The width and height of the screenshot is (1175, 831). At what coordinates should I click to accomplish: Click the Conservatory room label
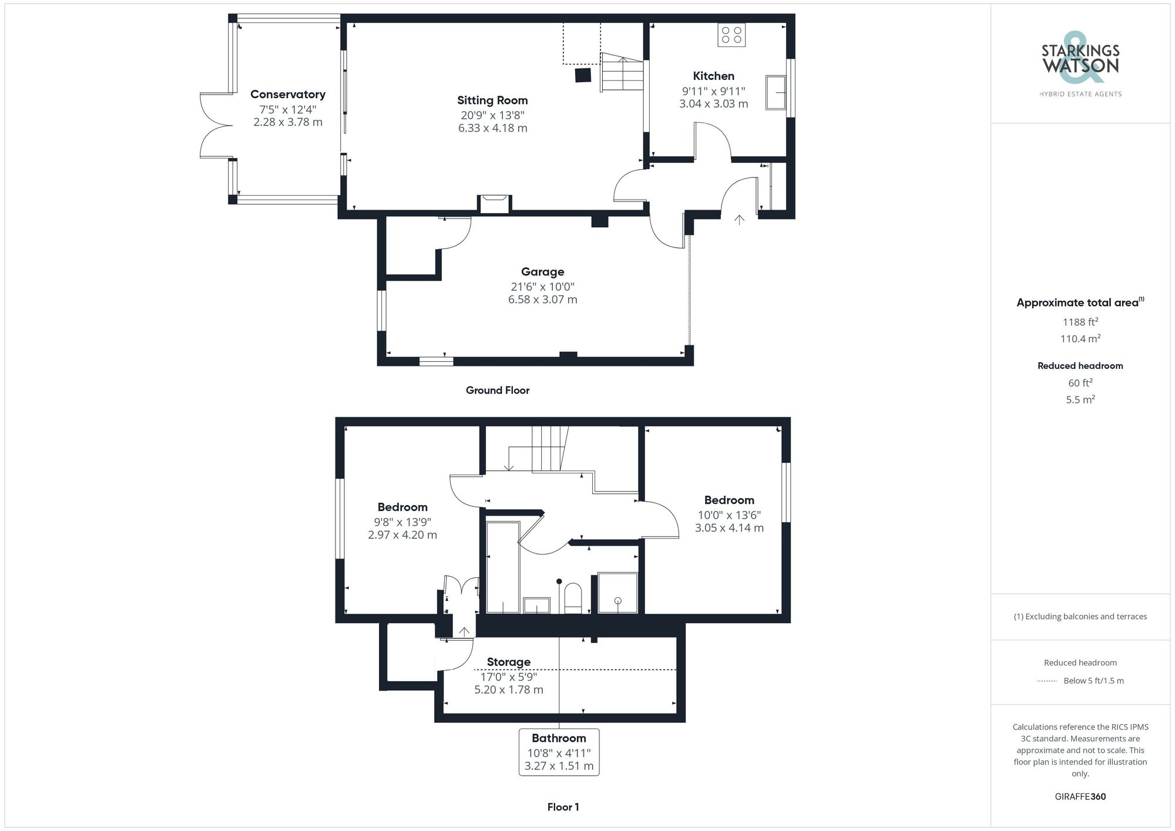tap(288, 95)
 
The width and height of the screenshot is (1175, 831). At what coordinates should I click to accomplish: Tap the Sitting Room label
tap(492, 100)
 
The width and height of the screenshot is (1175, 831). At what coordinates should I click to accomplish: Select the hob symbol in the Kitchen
tap(731, 35)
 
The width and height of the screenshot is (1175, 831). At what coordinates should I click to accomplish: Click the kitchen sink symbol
tap(775, 92)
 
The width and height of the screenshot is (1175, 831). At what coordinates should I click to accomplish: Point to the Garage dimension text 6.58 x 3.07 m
tap(542, 300)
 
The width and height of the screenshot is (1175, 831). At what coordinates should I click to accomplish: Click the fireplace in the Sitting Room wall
tap(494, 204)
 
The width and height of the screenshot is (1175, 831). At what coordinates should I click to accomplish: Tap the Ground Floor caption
tap(498, 391)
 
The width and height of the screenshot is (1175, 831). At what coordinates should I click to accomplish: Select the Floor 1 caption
tap(563, 807)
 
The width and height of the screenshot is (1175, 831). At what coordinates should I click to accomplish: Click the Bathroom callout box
tap(559, 752)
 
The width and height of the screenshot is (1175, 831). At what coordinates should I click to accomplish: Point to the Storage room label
tap(508, 662)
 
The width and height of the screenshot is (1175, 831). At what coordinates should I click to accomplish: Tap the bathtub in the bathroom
tap(503, 567)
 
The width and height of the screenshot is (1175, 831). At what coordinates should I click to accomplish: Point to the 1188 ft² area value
tap(1080, 322)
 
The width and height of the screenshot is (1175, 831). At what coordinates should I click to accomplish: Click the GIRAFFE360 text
tap(1080, 797)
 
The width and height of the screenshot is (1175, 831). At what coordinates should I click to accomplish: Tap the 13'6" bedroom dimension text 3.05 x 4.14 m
tap(729, 528)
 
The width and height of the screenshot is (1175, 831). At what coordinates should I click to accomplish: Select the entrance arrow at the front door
tap(739, 220)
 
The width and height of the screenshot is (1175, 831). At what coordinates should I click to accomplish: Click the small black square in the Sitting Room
tap(582, 75)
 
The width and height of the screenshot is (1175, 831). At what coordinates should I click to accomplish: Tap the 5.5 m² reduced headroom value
tap(1080, 399)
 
